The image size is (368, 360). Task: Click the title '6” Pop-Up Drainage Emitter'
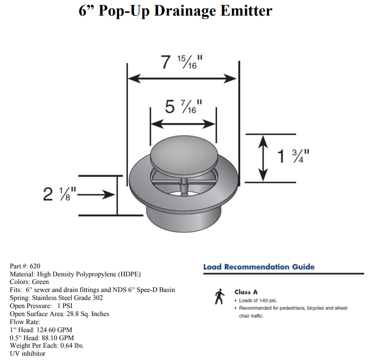pyautogui.click(x=175, y=10)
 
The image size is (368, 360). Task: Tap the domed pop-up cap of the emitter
pyautogui.click(x=183, y=154)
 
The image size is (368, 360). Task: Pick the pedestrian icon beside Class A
pyautogui.click(x=219, y=297)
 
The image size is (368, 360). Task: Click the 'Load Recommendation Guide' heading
pyautogui.click(x=259, y=267)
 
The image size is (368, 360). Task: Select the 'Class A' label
pyautogui.click(x=246, y=292)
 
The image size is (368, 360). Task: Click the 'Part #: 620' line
pyautogui.click(x=28, y=266)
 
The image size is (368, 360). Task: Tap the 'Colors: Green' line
pyautogui.click(x=29, y=282)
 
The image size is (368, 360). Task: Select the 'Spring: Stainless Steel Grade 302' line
pyautogui.click(x=56, y=298)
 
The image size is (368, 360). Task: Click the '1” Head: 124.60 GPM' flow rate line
pyautogui.click(x=41, y=330)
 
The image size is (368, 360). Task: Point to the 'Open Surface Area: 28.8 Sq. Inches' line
pyautogui.click(x=60, y=314)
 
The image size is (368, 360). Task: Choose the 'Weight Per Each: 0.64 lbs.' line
pyautogui.click(x=47, y=345)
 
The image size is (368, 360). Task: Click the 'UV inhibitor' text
pyautogui.click(x=28, y=353)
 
